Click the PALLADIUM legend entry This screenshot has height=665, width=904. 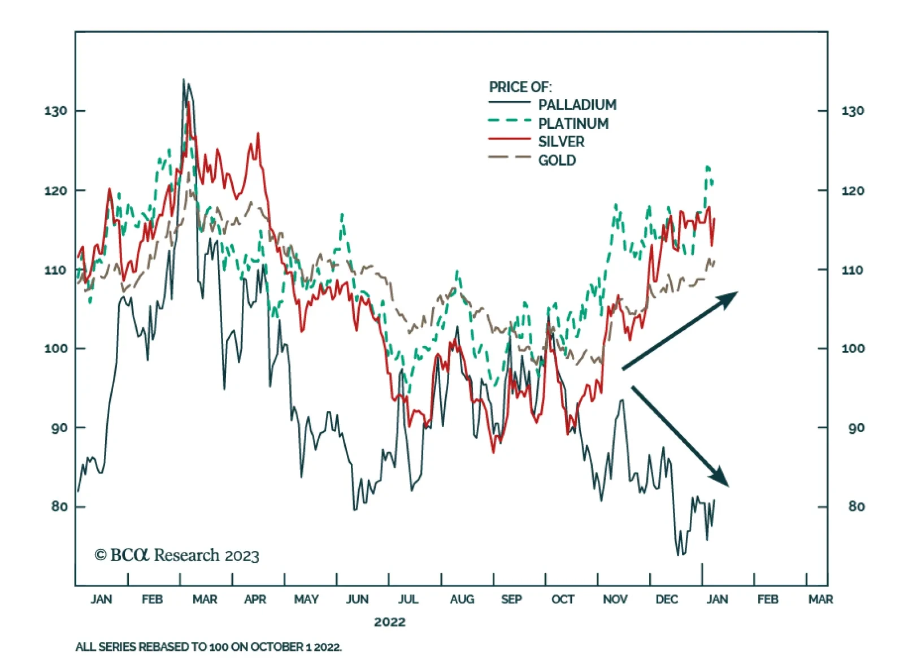coord(577,105)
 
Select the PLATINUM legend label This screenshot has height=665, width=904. coord(573,123)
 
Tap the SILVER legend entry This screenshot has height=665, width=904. coord(561,141)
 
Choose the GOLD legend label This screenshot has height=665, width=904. coord(557,160)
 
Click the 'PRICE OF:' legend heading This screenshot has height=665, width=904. coord(520,87)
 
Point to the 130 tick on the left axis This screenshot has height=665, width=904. coord(55,111)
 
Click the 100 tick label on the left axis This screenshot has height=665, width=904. coord(55,349)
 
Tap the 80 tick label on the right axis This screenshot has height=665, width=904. coord(856,507)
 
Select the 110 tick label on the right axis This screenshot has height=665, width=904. coord(852,270)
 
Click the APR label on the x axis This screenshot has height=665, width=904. coord(255,599)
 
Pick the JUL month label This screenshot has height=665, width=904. coord(408,599)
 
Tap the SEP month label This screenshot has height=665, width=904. coord(511,599)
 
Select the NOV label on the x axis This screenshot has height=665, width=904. coord(615,599)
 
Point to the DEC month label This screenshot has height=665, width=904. coord(667,599)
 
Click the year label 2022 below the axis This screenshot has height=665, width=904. coord(389,622)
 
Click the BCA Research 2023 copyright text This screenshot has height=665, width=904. coord(176,555)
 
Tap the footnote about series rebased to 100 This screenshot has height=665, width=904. coord(208,647)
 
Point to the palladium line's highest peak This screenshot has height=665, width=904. coord(184,80)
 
